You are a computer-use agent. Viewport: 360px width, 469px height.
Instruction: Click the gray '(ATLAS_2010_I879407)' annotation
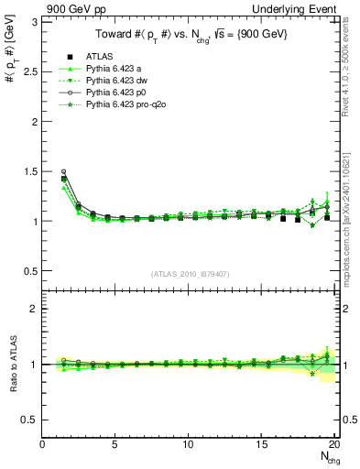pyautogui.click(x=191, y=274)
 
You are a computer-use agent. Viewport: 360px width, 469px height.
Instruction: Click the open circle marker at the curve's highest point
pyautogui.click(x=63, y=171)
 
